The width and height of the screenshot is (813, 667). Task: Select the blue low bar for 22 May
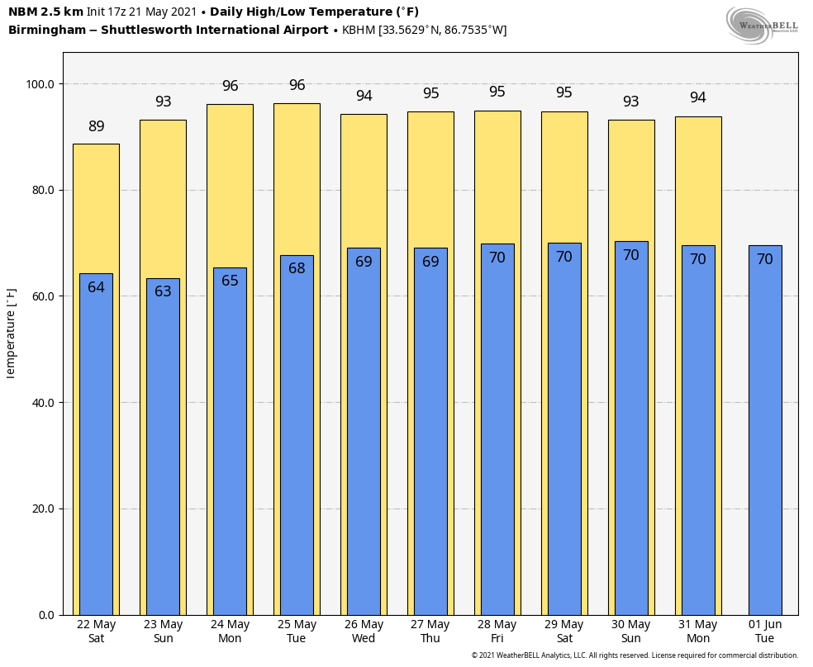(x=96, y=446)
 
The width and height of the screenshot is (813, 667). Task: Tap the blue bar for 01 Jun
(x=765, y=429)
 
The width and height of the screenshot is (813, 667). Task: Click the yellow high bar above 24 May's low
(x=230, y=182)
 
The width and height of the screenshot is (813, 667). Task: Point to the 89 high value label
(x=97, y=126)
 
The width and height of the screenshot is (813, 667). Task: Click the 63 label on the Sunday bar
(x=163, y=291)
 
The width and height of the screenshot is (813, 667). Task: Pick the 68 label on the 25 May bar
(x=297, y=268)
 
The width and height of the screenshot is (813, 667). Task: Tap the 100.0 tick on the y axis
(x=40, y=84)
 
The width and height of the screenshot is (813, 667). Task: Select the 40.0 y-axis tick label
(x=40, y=403)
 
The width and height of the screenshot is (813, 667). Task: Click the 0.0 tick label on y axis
(x=45, y=615)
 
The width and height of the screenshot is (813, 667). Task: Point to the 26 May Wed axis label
(x=364, y=632)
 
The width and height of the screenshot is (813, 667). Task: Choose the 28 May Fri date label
(x=497, y=632)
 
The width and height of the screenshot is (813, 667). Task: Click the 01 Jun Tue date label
(x=765, y=632)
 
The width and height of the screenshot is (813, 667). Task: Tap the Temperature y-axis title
(x=12, y=333)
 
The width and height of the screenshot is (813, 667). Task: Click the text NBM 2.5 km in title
(x=45, y=12)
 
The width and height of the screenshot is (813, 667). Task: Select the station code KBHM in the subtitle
(x=358, y=31)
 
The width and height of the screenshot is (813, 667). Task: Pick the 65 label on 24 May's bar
(x=230, y=281)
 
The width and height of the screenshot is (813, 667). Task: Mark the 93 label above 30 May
(x=631, y=102)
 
